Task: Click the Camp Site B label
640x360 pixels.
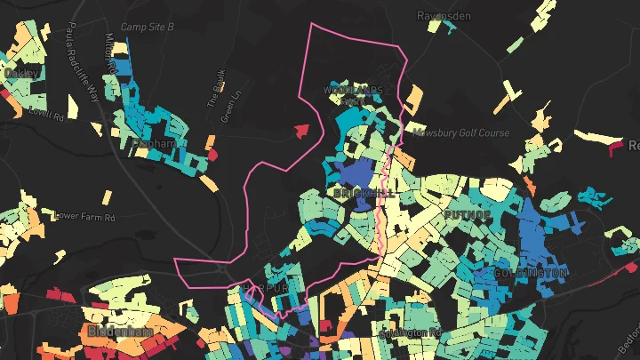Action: click(148, 28)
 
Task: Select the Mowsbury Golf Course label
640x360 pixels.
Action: click(460, 133)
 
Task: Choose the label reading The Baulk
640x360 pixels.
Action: click(215, 88)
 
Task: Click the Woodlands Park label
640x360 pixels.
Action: click(353, 92)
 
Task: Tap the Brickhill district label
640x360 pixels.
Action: click(359, 192)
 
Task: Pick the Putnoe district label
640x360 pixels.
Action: click(465, 216)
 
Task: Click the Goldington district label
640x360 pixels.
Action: click(530, 271)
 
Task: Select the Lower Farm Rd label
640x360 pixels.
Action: click(85, 216)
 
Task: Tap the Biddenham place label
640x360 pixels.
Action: click(120, 331)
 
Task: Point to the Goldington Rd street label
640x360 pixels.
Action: click(411, 333)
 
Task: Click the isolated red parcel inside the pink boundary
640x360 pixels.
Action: click(302, 131)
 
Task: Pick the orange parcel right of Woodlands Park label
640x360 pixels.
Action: click(413, 100)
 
